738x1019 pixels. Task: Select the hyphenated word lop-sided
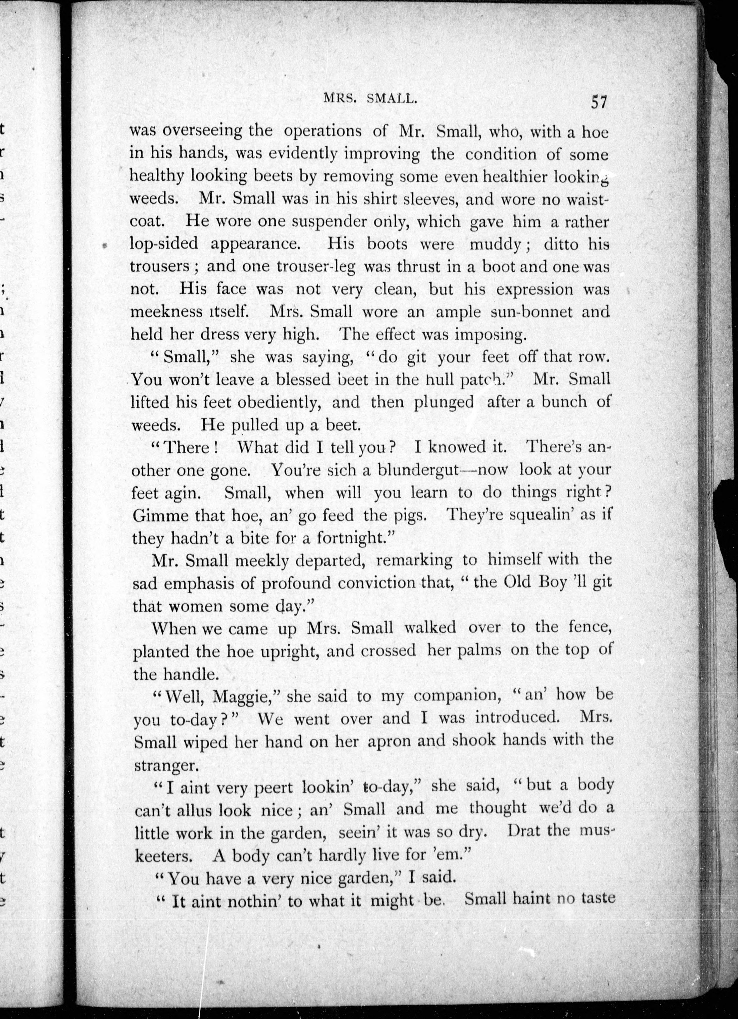[x=164, y=244]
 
